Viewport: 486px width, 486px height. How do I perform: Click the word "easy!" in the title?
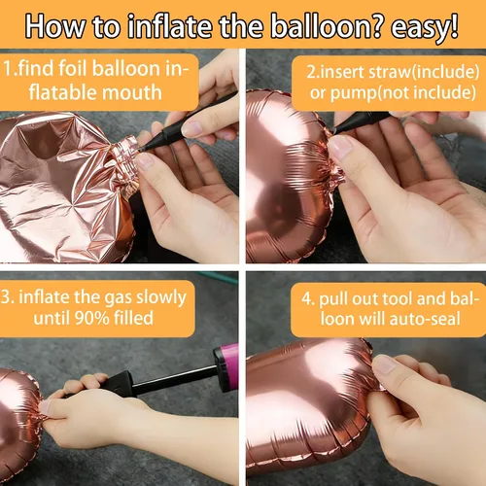tap(425, 27)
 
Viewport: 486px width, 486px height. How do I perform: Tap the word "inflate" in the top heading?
tap(171, 25)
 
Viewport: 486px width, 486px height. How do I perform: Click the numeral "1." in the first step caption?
tap(9, 69)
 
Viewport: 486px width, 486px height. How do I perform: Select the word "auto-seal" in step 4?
tap(425, 319)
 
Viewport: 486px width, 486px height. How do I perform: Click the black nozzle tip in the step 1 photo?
tap(142, 149)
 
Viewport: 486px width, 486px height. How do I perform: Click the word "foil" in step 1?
tap(73, 69)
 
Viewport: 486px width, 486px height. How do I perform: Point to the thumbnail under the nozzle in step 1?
tap(145, 159)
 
